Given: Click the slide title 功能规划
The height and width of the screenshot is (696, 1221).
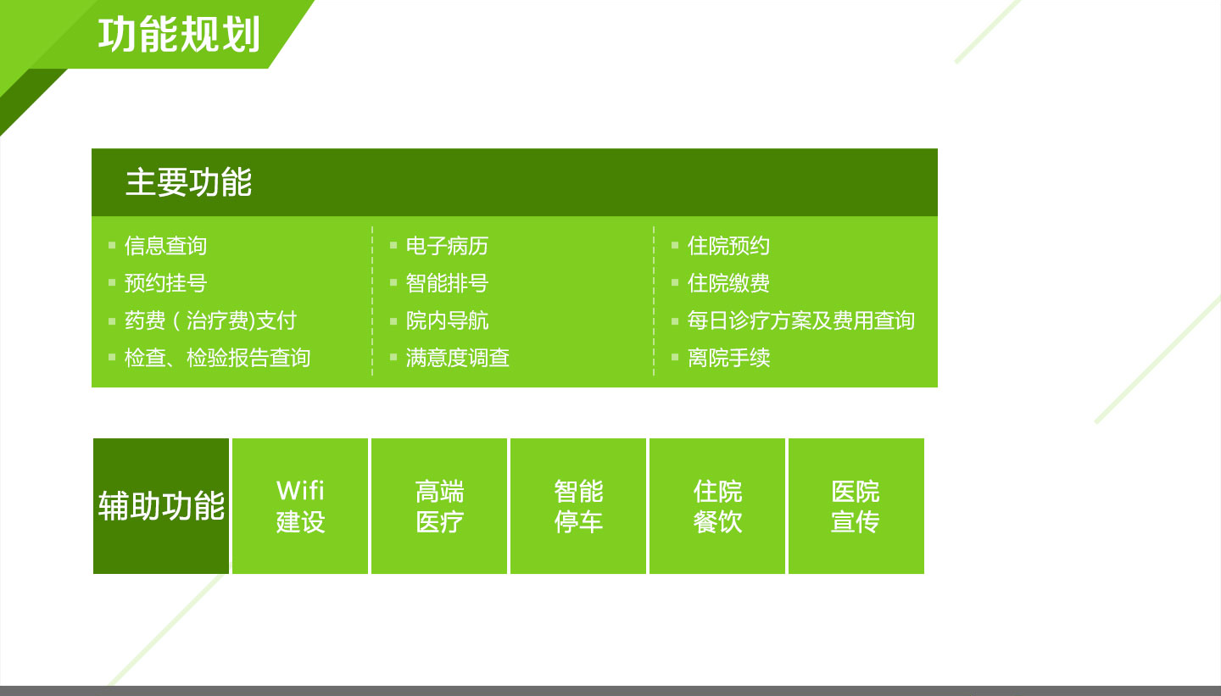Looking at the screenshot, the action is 179,35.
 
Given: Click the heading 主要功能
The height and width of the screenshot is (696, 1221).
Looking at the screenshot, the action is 188,182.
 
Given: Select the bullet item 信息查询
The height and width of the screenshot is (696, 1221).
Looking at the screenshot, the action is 165,246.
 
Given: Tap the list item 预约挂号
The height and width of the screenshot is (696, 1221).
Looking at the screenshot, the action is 165,283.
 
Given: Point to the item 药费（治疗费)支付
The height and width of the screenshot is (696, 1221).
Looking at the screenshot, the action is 210,320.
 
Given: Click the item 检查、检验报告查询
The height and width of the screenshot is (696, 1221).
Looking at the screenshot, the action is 217,358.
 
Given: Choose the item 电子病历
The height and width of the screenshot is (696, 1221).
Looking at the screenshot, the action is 447,246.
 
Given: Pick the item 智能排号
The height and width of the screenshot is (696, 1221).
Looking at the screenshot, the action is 447,283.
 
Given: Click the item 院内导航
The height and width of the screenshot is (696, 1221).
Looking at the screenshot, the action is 447,320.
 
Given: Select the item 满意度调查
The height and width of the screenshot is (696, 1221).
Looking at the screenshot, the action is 457,358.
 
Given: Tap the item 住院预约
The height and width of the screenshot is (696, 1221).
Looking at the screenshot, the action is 728,246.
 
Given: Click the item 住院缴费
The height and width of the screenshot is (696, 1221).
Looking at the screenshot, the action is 728,283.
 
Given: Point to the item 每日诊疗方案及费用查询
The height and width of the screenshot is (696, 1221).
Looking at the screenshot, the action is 800,320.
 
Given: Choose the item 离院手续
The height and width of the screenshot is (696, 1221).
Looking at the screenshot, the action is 728,358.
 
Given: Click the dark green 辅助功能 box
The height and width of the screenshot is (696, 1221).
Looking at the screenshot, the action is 161,506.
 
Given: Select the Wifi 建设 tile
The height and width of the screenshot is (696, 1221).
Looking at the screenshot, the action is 300,506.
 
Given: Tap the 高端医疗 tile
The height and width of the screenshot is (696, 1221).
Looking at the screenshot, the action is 439,506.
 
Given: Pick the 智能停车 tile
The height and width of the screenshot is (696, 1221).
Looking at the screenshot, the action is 577,506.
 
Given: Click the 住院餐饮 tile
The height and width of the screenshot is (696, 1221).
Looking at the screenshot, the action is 716,506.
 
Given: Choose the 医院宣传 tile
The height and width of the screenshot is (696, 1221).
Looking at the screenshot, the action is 856,506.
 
